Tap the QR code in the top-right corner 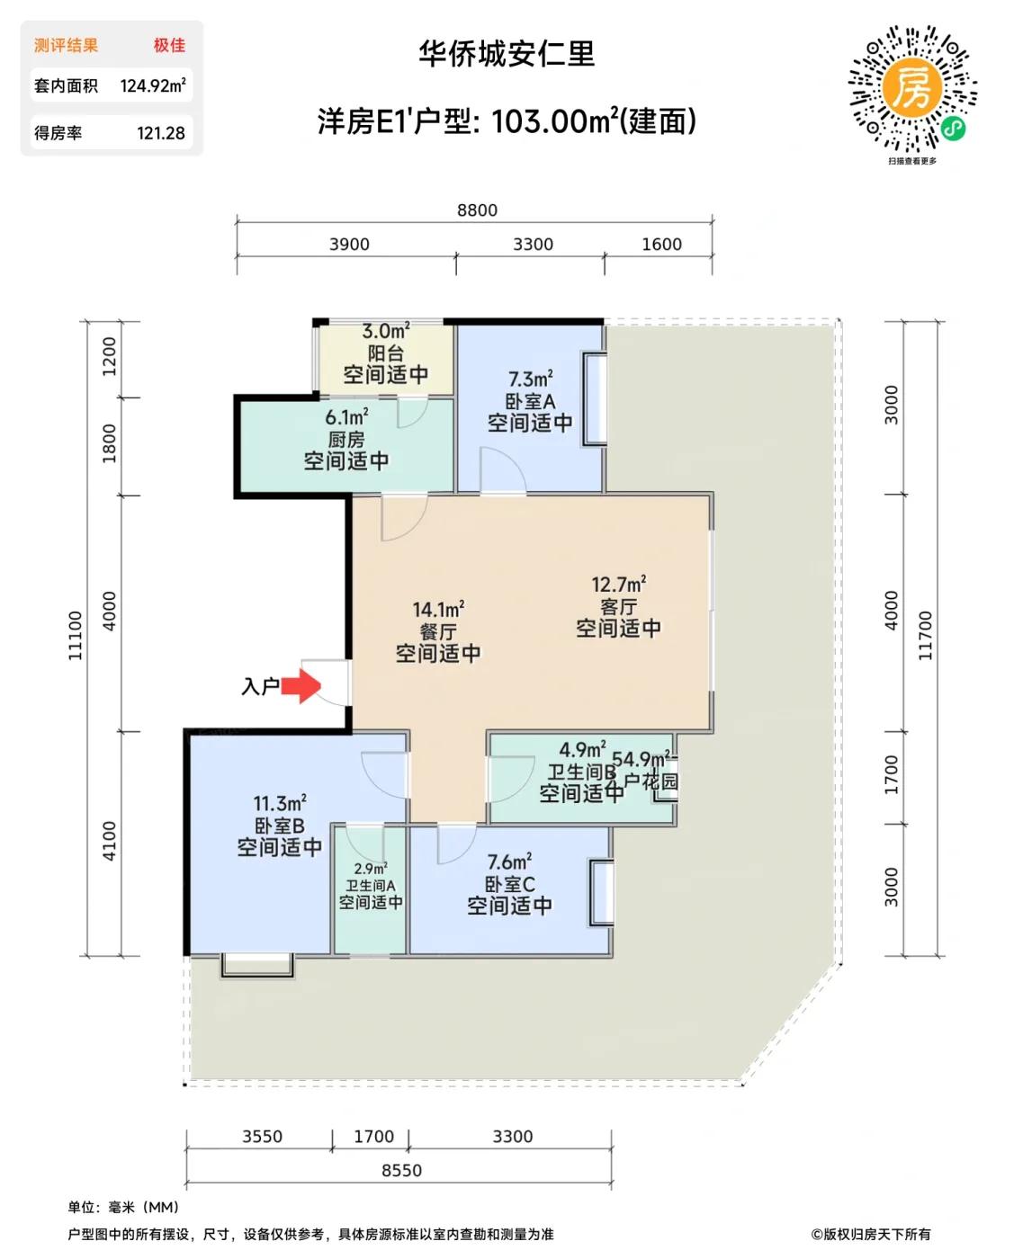point(912,88)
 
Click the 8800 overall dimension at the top point(477,210)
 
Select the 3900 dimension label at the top point(349,245)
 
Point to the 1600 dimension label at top point(661,245)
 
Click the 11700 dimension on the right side point(925,636)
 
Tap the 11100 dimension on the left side point(76,636)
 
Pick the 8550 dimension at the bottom point(401,1170)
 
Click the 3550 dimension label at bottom point(262,1137)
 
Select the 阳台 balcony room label point(385,353)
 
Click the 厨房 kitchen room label point(346,440)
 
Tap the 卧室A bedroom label point(530,401)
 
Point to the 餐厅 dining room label point(438,632)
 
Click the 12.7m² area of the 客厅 point(619,585)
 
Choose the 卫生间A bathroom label point(371,886)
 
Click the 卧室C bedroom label point(509,884)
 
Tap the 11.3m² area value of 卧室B point(279,803)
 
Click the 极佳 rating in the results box point(169,45)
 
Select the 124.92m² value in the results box point(153,86)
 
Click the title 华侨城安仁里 point(507,54)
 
